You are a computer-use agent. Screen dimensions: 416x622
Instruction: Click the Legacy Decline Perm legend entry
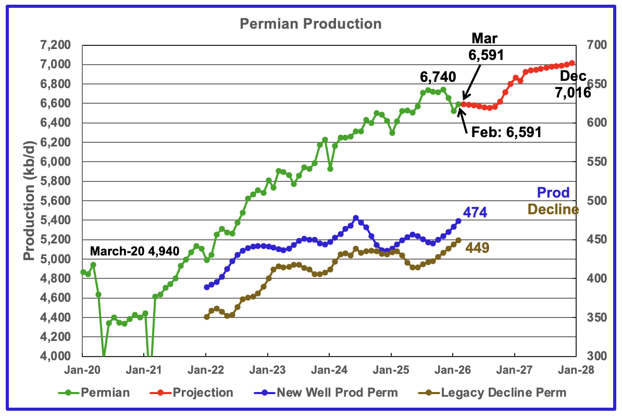496,391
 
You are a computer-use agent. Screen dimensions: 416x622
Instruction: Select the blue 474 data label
475,212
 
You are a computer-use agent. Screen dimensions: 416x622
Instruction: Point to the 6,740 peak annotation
438,78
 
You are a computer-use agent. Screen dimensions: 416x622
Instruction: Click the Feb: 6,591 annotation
505,132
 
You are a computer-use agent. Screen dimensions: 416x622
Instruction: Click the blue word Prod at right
554,192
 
